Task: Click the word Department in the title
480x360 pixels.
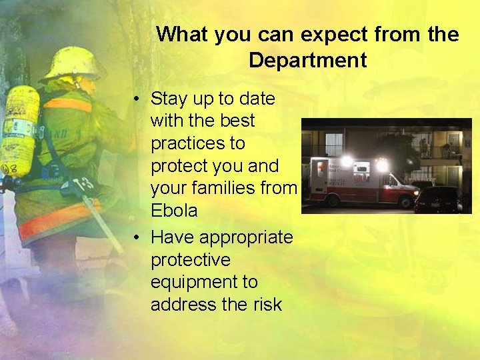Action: click(307, 61)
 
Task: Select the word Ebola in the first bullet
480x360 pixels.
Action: click(174, 211)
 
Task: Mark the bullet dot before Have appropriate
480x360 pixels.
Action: click(136, 237)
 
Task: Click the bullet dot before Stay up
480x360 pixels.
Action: click(136, 99)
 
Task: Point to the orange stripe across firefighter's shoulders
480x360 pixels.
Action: click(67, 105)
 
